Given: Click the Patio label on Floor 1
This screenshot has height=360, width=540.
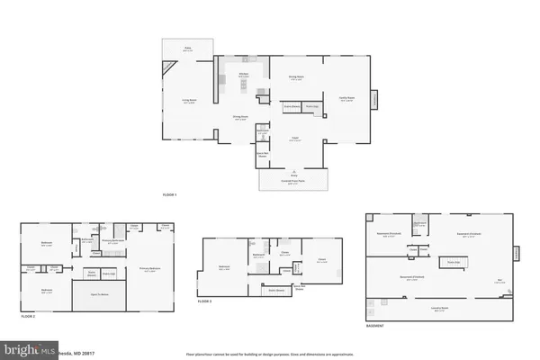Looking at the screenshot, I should pos(189,49).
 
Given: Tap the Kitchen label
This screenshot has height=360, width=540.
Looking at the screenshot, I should pos(243,76).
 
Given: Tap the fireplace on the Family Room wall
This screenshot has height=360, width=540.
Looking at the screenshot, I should pos(373,96).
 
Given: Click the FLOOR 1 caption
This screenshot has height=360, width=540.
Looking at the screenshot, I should pos(170,195).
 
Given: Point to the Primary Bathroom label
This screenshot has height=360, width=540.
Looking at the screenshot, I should pos(112,240).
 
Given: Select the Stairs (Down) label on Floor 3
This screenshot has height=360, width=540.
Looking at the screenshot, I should pos(278,291).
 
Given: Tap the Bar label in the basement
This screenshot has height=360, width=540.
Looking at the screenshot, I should pos(499,280).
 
